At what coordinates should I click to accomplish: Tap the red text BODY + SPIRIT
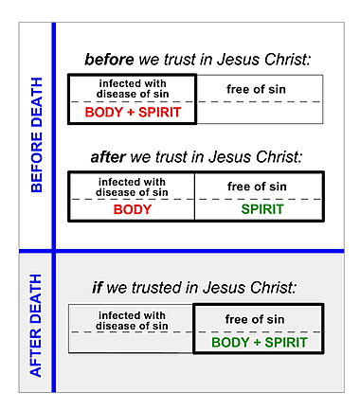[133, 112]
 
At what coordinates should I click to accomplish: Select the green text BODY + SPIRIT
[259, 342]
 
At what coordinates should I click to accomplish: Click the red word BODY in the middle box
[133, 208]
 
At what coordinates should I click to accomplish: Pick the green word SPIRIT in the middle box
[259, 208]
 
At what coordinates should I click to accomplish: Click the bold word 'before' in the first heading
[109, 60]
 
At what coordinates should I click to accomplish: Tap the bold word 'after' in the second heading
[109, 157]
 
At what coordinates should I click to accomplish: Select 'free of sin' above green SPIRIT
[259, 187]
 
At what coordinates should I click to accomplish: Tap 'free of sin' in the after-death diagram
[259, 319]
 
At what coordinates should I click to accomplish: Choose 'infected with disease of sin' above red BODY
[133, 186]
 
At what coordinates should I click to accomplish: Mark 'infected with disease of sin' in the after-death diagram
[132, 319]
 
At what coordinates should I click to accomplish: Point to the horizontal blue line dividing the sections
[189, 252]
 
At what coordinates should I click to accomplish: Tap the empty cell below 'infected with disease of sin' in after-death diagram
[132, 342]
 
